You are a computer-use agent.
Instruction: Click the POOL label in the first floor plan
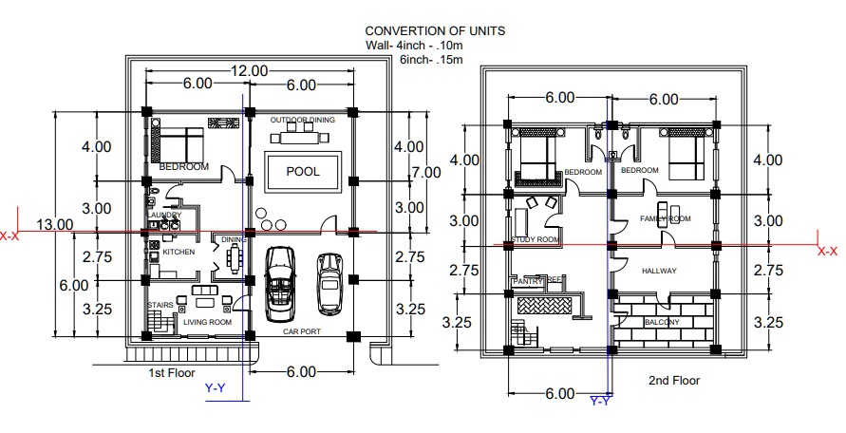click(x=303, y=172)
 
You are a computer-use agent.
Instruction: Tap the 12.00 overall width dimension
click(x=249, y=71)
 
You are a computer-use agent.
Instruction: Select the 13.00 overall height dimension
click(x=54, y=224)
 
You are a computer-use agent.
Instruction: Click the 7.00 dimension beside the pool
click(x=426, y=173)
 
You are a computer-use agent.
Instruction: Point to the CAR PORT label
click(x=303, y=332)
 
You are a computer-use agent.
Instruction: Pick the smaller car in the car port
click(x=329, y=281)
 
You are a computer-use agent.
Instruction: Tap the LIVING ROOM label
click(x=207, y=323)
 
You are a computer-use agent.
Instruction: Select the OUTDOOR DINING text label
click(x=302, y=121)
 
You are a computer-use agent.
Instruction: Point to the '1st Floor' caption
click(x=171, y=373)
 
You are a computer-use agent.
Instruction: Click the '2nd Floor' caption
click(x=673, y=380)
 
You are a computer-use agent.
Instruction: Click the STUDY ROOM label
click(x=536, y=240)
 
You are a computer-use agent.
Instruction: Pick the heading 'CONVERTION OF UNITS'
click(x=435, y=31)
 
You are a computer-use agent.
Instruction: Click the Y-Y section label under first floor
click(x=216, y=387)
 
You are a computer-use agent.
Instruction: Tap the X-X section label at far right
click(x=827, y=252)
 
